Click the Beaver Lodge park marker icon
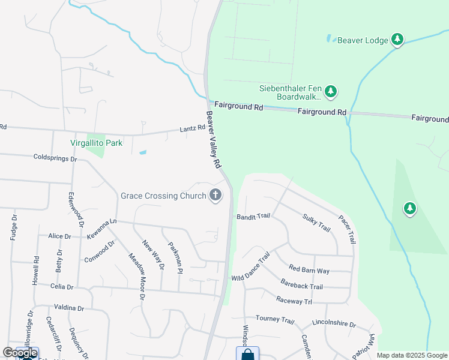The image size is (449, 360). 397,40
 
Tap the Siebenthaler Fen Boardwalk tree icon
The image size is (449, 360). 330,92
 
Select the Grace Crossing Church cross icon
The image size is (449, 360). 215,195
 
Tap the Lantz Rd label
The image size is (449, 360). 192,128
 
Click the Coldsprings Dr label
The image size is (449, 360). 56,158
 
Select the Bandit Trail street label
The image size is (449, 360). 254,216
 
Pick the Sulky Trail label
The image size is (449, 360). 316,223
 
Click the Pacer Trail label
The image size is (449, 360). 347,229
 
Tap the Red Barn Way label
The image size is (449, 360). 309,269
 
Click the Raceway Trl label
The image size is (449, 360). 294,300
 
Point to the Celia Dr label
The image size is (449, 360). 62,287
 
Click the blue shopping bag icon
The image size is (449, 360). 247,354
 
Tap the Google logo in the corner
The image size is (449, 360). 19,353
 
